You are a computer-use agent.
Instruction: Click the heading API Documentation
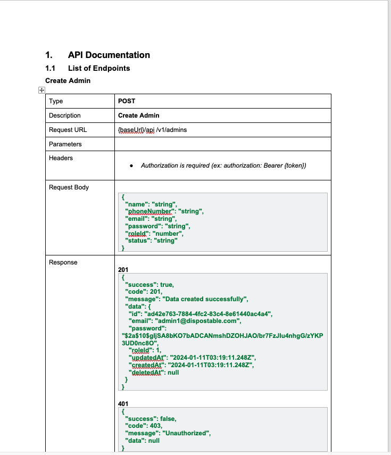click(x=109, y=55)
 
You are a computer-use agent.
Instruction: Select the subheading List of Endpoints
click(x=99, y=68)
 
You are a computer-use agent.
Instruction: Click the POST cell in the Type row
click(x=127, y=101)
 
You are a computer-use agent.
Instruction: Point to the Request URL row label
click(x=68, y=130)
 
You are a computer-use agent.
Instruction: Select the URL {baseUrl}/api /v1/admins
click(x=152, y=130)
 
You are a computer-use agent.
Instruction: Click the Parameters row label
click(x=65, y=144)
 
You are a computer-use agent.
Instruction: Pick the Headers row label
click(x=61, y=158)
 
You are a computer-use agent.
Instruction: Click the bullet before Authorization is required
click(x=131, y=166)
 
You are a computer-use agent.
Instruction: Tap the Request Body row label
click(x=69, y=187)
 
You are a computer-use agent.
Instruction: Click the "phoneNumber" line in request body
click(x=164, y=211)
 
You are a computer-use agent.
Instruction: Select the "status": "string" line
click(x=151, y=241)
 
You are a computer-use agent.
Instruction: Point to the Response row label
click(x=63, y=262)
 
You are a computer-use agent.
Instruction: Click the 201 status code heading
click(x=123, y=270)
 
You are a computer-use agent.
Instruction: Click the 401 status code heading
click(x=123, y=404)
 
